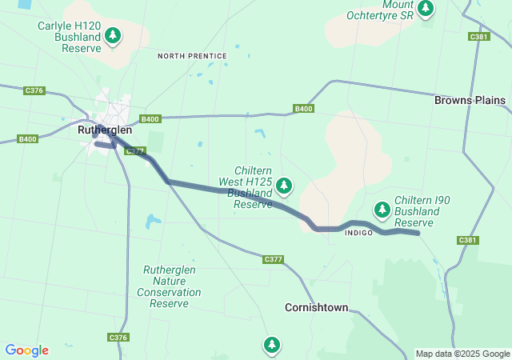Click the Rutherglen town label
[x=105, y=130]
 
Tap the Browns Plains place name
[x=470, y=101]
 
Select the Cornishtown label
[x=317, y=307]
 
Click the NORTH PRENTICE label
[x=192, y=56]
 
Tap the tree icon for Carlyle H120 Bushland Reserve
[x=114, y=36]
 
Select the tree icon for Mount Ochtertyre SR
[x=426, y=9]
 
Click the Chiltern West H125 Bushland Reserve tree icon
[x=283, y=186]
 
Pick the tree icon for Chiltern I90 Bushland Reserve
[x=382, y=210]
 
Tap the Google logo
[x=26, y=350]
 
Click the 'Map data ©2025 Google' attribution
[x=462, y=354]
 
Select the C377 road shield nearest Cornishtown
[x=274, y=259]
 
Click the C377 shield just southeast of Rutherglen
[x=135, y=150]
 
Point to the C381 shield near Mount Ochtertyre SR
[x=479, y=37]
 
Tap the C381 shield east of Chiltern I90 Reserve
[x=468, y=240]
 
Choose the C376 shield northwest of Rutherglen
[x=34, y=90]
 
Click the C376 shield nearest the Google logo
[x=118, y=338]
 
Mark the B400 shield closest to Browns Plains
[x=303, y=109]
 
